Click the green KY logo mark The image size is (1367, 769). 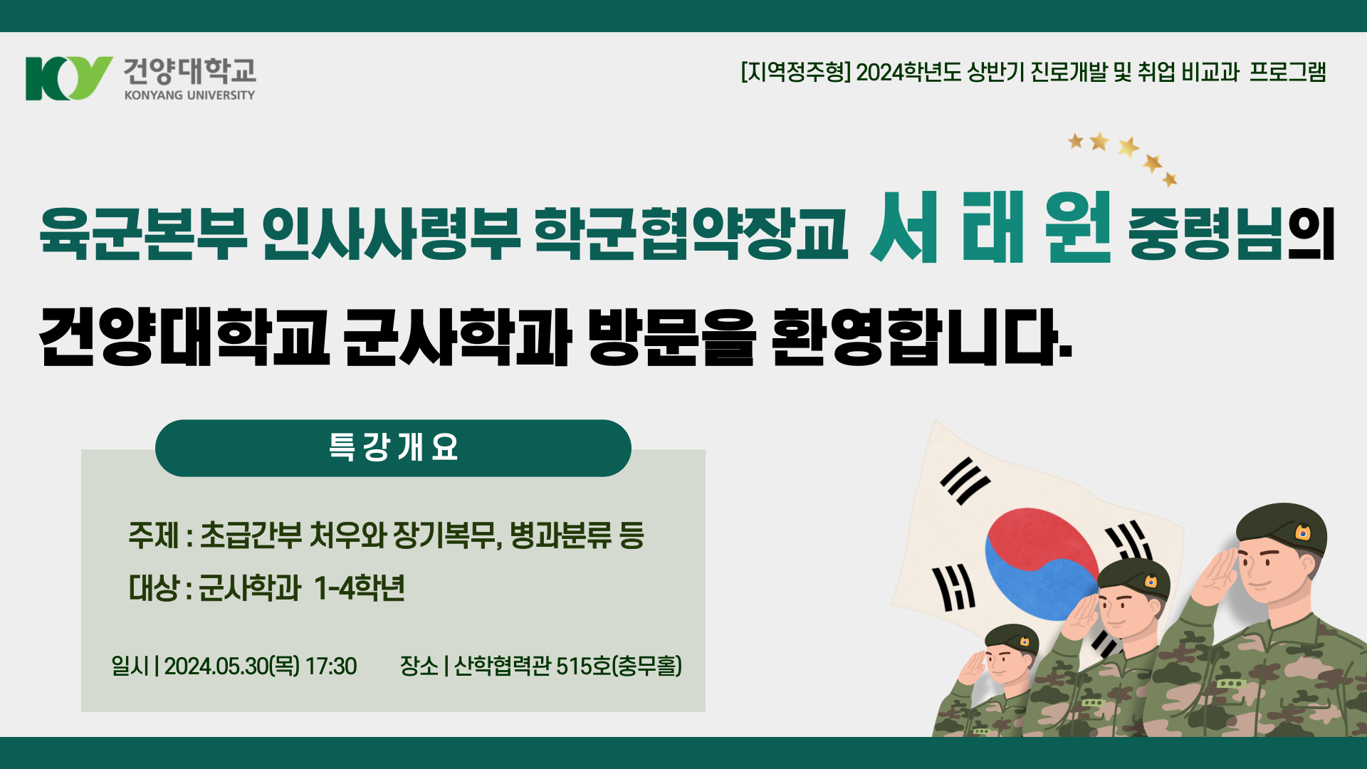tap(68, 78)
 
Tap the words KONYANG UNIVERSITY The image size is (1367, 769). tap(189, 95)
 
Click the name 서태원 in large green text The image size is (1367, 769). tap(990, 228)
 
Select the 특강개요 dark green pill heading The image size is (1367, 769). tap(393, 448)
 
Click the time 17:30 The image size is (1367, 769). tap(331, 666)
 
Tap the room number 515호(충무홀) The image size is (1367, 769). tap(619, 666)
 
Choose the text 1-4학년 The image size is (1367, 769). tap(359, 589)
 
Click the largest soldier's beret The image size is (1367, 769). tap(1282, 527)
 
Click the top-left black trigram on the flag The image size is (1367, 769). tap(965, 481)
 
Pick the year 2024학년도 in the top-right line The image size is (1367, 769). tap(908, 72)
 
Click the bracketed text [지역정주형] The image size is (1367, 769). tap(795, 72)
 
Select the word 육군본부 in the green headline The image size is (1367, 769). tap(143, 233)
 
